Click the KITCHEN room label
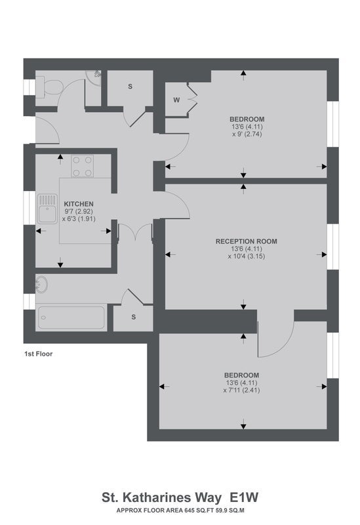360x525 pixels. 79,204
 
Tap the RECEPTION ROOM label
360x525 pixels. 247,241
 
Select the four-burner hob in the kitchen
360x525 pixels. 83,166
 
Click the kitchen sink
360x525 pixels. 47,209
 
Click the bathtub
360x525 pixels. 71,318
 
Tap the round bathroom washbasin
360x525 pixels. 41,284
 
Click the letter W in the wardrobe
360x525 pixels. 176,100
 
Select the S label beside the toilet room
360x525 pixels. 130,87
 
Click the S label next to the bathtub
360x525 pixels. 134,317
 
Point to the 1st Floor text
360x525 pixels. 39,354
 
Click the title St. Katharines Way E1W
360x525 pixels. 180,497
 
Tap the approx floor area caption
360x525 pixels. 180,511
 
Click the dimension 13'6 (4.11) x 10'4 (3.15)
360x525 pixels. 247,253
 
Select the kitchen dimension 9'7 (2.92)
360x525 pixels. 79,211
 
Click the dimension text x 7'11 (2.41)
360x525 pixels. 241,390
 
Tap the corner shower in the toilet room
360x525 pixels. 93,77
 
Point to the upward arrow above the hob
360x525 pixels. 60,159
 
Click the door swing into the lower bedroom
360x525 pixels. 275,339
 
